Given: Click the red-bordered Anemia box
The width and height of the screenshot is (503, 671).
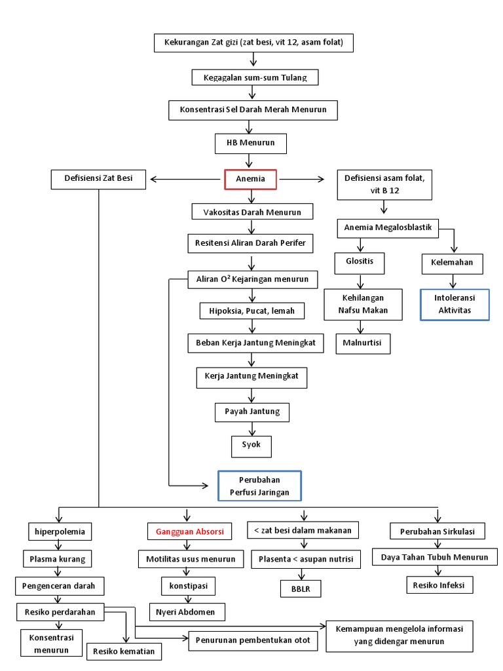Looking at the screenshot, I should tap(251, 180).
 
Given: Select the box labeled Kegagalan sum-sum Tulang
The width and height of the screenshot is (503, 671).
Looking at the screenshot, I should tap(255, 77).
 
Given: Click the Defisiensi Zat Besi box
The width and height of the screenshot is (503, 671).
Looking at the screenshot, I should tap(98, 180).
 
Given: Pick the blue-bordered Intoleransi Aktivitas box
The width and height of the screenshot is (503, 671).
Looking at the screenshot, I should tap(454, 305).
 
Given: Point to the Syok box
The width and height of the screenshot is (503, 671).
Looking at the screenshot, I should tap(251, 445).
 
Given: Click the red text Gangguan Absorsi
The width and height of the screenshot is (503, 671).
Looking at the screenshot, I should tap(189, 531).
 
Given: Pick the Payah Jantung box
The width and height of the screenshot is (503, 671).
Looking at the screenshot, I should tap(251, 412).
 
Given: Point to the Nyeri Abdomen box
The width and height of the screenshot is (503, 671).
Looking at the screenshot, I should tap(187, 612).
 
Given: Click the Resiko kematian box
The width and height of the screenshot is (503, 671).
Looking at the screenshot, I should tap(124, 651).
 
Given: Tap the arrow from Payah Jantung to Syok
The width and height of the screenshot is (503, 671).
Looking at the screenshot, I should tap(251, 429).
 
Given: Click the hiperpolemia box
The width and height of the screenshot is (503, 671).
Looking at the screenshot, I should tap(60, 531).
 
